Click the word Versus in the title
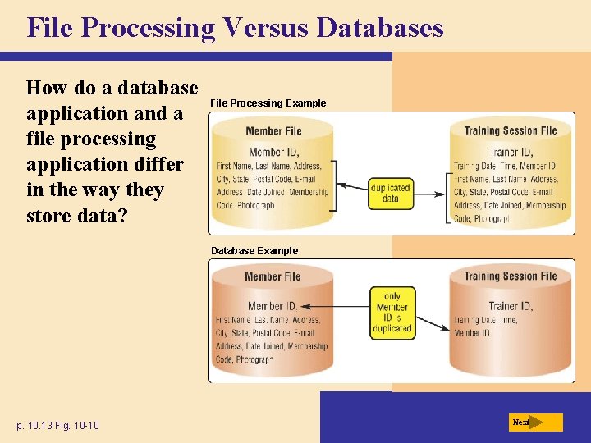tap(263, 27)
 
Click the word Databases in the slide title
tap(380, 27)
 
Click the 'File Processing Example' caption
tap(268, 103)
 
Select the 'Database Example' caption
tap(254, 251)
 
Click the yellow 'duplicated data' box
tap(391, 193)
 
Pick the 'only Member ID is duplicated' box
tap(392, 313)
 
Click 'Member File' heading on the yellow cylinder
tap(273, 131)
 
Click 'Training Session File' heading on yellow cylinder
tap(510, 131)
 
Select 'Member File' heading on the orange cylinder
tap(273, 277)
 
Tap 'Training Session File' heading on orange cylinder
tap(510, 276)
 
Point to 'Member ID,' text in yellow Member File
tap(273, 152)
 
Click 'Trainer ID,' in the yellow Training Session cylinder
tap(511, 152)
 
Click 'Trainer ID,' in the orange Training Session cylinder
tap(511, 306)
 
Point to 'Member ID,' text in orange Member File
tap(273, 306)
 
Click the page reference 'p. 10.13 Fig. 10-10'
tap(58, 425)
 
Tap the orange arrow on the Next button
tap(535, 422)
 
